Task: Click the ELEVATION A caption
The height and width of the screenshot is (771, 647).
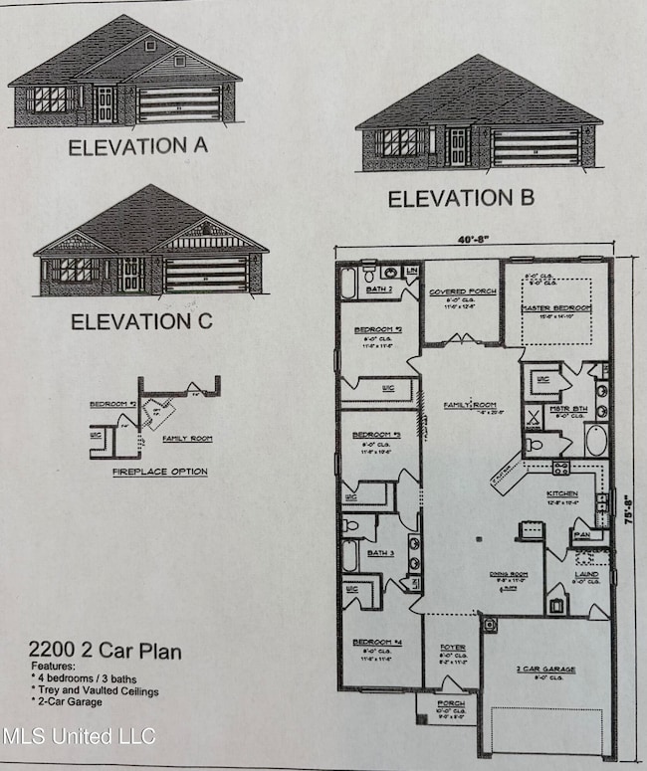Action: coord(137,147)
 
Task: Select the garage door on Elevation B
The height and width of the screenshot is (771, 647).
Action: coord(536,147)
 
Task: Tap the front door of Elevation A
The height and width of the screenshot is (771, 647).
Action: coord(105,104)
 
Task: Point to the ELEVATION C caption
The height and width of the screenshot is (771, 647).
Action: coord(140,322)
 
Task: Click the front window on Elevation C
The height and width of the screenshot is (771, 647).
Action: coord(77,271)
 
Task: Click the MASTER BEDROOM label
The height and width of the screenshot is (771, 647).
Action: coord(556,308)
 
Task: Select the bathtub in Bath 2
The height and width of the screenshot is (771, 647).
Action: coord(346,282)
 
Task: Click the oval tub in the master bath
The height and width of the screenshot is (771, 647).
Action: coord(595,440)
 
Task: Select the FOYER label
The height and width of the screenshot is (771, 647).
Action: coord(453,648)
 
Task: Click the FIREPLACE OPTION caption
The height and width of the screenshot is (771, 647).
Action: coord(160,472)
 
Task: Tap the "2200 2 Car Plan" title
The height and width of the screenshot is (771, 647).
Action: coord(105,652)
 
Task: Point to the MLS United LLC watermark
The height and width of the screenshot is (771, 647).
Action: coord(79,737)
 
